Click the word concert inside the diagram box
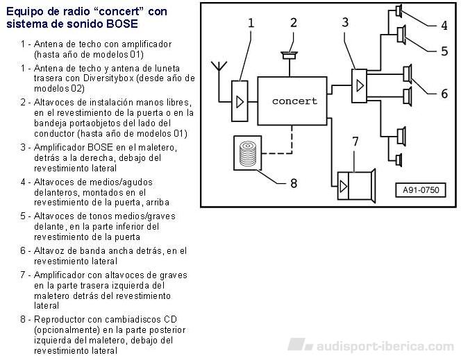[x=294, y=101]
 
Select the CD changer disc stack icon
[x=248, y=153]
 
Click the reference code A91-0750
[x=421, y=190]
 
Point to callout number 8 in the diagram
[x=294, y=183]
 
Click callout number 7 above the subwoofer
[x=355, y=142]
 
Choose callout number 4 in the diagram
[x=444, y=26]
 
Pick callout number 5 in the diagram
[x=444, y=51]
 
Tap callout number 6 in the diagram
[x=444, y=94]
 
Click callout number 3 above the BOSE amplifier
[x=345, y=22]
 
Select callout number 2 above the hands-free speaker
[x=294, y=23]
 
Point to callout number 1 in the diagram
[x=251, y=23]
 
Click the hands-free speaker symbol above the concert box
[x=290, y=55]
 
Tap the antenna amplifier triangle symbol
[x=240, y=101]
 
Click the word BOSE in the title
[x=122, y=24]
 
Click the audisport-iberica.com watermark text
[x=385, y=347]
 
